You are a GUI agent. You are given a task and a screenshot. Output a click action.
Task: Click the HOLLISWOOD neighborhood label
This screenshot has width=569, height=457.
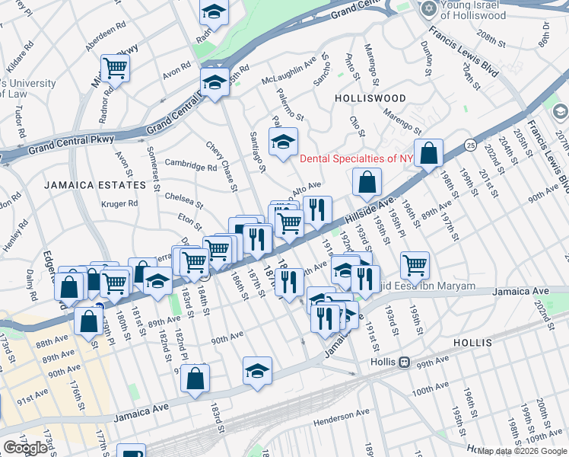coord(370,99)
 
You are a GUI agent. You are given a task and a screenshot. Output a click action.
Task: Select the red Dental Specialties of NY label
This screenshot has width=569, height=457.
coord(355,159)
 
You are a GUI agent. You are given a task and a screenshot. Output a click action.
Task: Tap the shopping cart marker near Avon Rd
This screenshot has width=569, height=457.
coord(115,69)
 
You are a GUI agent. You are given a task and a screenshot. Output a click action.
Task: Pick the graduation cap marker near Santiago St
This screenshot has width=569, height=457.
coord(284,142)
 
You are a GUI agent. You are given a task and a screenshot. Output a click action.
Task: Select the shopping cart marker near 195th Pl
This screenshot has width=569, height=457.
coord(415,265)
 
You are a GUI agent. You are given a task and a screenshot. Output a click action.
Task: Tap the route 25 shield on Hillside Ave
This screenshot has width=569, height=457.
coord(471,145)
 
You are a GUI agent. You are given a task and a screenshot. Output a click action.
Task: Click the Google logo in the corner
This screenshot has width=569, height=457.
coord(25,448)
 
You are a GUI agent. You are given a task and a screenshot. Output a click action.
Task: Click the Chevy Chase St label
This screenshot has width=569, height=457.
coord(223,166)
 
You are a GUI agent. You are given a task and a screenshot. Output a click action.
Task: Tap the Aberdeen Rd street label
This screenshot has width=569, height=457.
coord(105,37)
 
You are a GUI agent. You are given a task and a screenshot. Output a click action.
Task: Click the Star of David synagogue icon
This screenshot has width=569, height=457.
coord(428,8)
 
